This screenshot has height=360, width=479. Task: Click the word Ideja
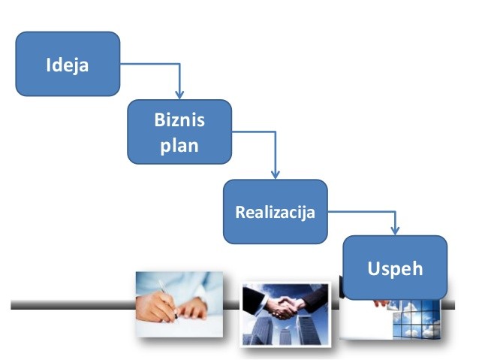[x=68, y=65]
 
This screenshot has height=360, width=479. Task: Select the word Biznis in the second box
[x=179, y=119]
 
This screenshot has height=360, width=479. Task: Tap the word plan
[x=179, y=146]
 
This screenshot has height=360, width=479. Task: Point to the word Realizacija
[x=276, y=212]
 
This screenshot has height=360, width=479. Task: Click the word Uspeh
[x=395, y=269]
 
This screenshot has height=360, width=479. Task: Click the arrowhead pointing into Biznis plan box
[x=179, y=95]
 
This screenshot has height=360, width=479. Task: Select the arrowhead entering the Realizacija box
[x=276, y=174]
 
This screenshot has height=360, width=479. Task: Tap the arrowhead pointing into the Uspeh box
[x=396, y=231]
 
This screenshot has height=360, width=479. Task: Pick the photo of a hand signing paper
[x=179, y=304]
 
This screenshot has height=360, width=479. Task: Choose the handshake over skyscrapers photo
[x=285, y=314]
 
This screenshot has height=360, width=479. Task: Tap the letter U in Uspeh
[x=374, y=268]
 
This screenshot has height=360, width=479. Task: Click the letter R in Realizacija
[x=239, y=212]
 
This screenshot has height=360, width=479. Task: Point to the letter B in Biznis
[x=159, y=119]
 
